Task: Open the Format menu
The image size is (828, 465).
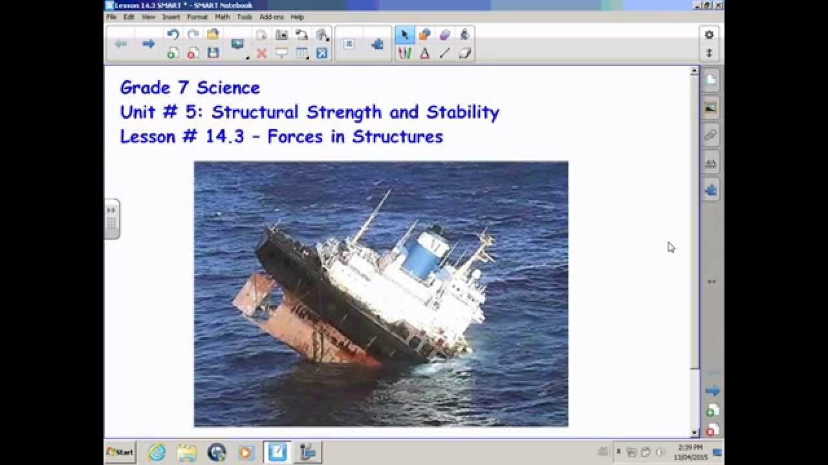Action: (x=197, y=17)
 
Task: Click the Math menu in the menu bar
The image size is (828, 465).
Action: (x=222, y=17)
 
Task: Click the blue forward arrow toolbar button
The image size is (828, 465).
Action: (x=148, y=44)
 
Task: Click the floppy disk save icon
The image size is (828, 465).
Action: (x=213, y=54)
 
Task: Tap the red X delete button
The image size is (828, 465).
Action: (x=261, y=54)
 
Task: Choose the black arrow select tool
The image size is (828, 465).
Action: (x=405, y=35)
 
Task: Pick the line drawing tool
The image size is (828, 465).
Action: (x=444, y=54)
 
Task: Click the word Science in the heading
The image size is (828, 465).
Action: (x=228, y=88)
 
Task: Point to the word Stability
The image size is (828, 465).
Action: (x=463, y=112)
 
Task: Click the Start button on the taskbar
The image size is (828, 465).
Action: (x=120, y=452)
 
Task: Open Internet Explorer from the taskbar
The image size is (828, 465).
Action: (x=157, y=452)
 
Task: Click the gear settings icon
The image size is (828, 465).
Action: (x=709, y=35)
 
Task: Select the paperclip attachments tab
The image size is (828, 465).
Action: (x=711, y=135)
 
